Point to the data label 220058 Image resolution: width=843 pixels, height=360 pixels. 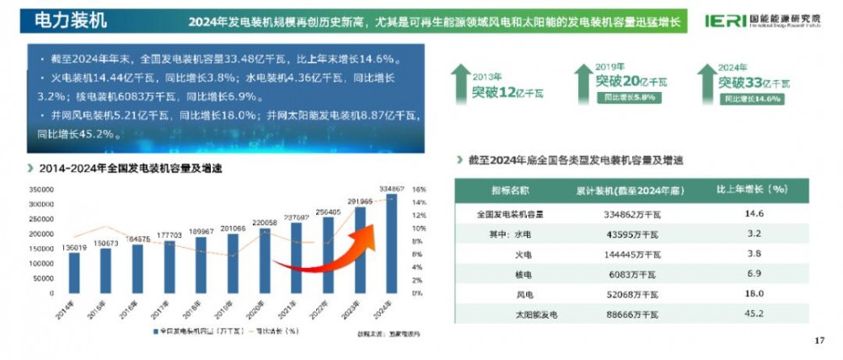tap(266, 223)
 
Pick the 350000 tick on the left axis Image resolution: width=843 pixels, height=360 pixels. tap(40, 190)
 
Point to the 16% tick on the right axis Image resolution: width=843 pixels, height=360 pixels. tap(416, 190)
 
